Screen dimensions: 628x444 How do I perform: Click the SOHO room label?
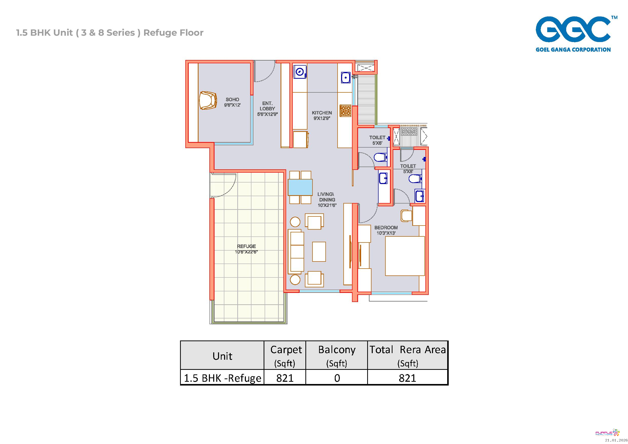(232, 102)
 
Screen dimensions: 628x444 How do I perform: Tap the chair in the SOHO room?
(208, 100)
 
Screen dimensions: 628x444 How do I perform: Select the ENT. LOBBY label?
(267, 109)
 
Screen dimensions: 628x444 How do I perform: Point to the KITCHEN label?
(322, 115)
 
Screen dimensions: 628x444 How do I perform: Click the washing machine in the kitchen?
(300, 72)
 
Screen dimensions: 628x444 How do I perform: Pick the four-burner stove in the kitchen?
(345, 111)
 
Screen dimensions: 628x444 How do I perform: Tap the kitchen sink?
(346, 78)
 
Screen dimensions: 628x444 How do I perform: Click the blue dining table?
(300, 187)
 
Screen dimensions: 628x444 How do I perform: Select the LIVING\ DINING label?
(327, 199)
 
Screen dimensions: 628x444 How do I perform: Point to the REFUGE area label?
(246, 249)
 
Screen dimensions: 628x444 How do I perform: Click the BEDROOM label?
(386, 230)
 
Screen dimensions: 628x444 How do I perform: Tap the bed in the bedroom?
(405, 256)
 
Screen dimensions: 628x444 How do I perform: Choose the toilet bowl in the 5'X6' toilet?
(380, 157)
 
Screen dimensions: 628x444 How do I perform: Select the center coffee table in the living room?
(319, 252)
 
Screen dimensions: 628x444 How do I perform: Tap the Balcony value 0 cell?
(337, 378)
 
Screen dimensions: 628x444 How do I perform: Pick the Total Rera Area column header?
(407, 356)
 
